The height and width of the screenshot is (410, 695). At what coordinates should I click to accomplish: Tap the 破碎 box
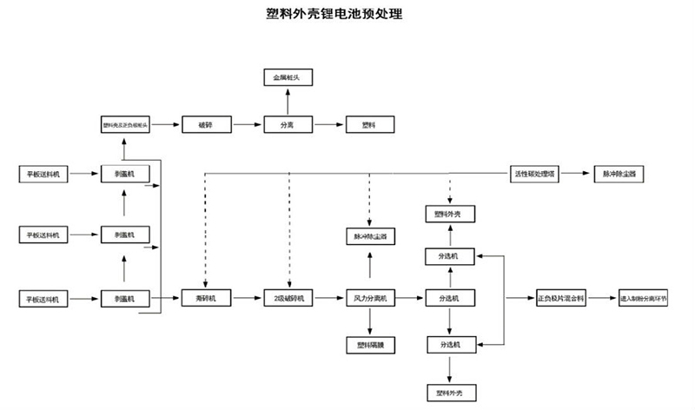point(206,125)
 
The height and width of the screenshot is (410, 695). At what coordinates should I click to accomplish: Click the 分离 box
point(287,125)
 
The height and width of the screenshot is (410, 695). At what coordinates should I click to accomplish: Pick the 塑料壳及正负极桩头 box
point(126,125)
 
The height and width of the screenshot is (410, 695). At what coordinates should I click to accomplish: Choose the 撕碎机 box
point(206,299)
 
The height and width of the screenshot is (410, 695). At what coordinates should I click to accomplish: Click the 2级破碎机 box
point(287,299)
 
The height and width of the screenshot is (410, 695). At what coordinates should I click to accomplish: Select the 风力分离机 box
point(371,299)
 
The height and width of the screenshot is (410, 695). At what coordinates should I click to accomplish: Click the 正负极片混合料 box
point(560,299)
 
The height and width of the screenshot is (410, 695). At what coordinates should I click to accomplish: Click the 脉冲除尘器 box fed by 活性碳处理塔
point(619,173)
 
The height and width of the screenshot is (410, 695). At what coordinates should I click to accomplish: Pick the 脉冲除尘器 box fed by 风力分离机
point(371,235)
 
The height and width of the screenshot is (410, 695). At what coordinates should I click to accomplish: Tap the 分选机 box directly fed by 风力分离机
point(449,299)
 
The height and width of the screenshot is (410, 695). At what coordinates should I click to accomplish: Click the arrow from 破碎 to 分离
point(246,125)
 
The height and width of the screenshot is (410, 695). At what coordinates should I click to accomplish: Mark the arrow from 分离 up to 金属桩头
point(287,102)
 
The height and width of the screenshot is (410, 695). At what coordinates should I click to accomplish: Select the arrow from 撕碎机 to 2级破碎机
point(246,299)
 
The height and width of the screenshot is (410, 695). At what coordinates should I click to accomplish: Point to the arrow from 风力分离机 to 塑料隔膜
point(371,322)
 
